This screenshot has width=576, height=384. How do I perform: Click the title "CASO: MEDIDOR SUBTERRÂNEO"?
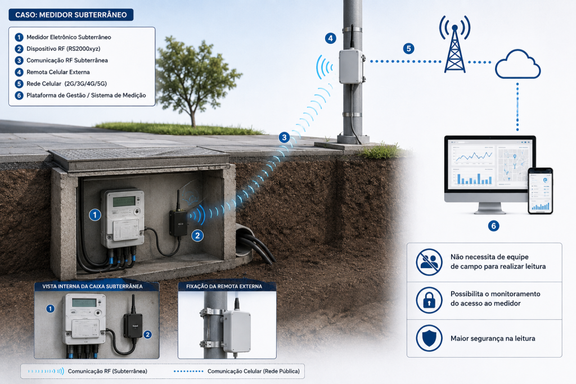click(x=71, y=15)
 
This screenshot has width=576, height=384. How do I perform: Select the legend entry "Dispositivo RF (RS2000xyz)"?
click(x=63, y=49)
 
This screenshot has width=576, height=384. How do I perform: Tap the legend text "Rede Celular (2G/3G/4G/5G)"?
click(x=66, y=84)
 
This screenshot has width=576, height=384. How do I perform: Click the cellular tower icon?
click(x=454, y=44)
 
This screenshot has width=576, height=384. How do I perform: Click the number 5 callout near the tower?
click(x=408, y=48)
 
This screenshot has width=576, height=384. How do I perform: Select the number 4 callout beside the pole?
click(x=330, y=38)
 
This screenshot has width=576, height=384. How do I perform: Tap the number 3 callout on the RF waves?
click(x=284, y=138)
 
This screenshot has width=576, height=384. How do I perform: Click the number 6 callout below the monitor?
click(x=493, y=226)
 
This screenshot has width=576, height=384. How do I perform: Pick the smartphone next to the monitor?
click(x=541, y=191)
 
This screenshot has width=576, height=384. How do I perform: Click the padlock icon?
click(x=429, y=300)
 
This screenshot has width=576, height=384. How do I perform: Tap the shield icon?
click(x=429, y=338)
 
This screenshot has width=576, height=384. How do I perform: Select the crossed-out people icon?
click(x=429, y=262)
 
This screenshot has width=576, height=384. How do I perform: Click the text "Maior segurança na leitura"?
click(x=493, y=338)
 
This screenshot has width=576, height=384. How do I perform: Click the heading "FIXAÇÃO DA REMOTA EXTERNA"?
click(x=224, y=286)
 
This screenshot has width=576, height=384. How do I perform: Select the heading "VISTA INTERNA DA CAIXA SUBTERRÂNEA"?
click(x=92, y=286)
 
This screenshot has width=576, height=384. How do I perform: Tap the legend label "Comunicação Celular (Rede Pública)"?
click(x=254, y=371)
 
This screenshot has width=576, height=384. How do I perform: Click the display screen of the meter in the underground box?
click(x=124, y=201)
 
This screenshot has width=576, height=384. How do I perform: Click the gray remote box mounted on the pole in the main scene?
click(x=351, y=66)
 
